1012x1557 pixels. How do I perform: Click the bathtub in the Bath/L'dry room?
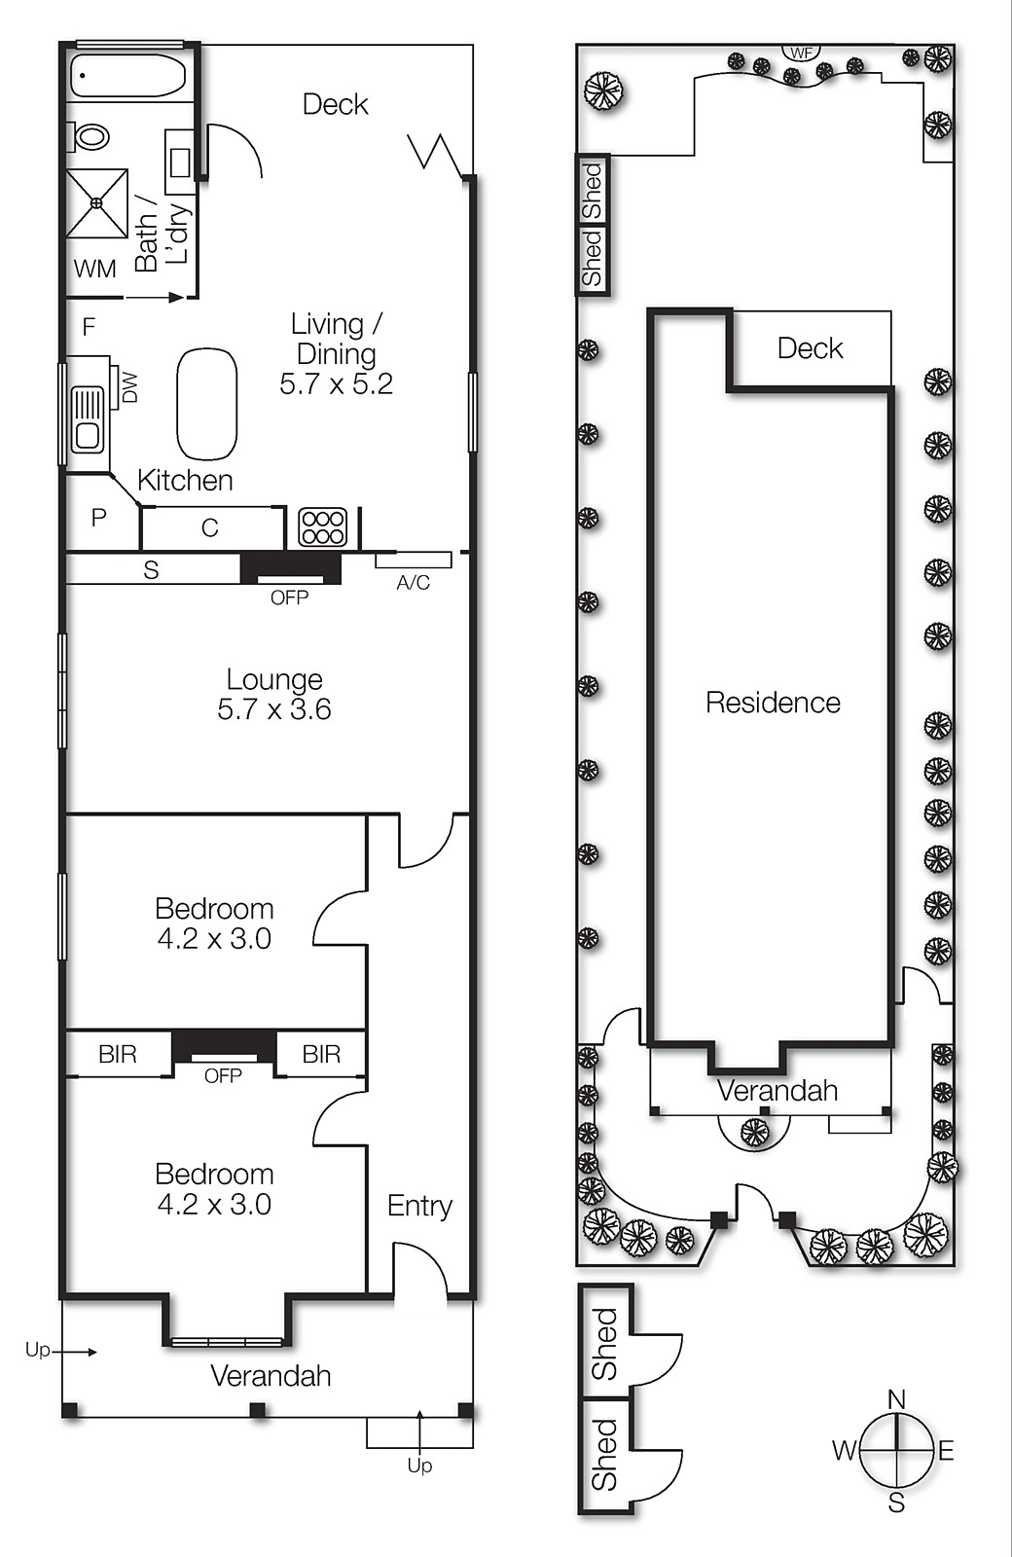(x=127, y=76)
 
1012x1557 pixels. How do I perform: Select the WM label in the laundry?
(x=95, y=270)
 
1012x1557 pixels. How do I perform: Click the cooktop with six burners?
(x=322, y=527)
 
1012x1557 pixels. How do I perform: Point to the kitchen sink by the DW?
(x=88, y=419)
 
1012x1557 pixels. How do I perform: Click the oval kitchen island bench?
(x=206, y=404)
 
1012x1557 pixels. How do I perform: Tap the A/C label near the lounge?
(x=413, y=583)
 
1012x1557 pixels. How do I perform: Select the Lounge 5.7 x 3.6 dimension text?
(x=274, y=709)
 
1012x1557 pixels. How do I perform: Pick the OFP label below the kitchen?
(x=289, y=597)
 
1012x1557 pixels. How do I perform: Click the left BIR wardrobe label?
(x=118, y=1054)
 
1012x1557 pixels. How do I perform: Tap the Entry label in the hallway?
(x=419, y=1207)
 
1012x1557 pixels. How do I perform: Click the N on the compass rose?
(x=896, y=1399)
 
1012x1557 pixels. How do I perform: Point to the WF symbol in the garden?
(x=801, y=54)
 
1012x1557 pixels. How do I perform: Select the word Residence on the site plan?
(x=773, y=703)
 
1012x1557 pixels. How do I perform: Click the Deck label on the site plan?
(x=810, y=348)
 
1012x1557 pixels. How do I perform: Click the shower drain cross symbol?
(x=96, y=202)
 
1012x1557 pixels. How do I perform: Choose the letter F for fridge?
(x=89, y=327)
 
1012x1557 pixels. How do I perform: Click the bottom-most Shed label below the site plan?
(x=605, y=1455)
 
